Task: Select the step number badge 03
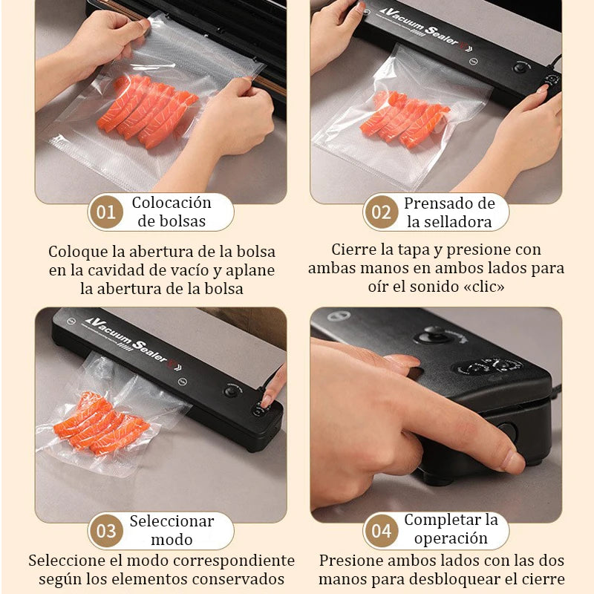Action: click(106, 531)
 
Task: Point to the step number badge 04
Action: click(381, 531)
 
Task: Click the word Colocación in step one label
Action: click(172, 203)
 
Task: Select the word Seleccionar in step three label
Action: click(172, 521)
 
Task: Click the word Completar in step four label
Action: click(443, 520)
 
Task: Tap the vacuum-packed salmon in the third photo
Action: click(100, 423)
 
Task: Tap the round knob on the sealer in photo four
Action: click(431, 334)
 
